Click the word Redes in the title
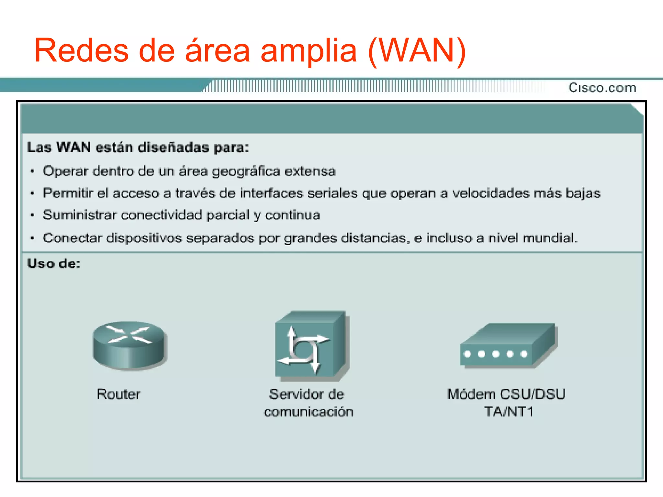(x=81, y=50)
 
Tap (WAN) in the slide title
(x=417, y=51)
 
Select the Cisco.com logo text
(x=602, y=88)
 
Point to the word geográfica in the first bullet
(x=246, y=171)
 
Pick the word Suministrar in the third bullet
(x=79, y=215)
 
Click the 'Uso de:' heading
(x=54, y=264)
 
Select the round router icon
(x=129, y=345)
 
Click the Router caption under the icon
(x=118, y=394)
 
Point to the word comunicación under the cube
(x=308, y=412)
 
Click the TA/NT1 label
(x=509, y=412)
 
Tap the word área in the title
(x=217, y=50)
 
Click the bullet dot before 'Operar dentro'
(x=32, y=171)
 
